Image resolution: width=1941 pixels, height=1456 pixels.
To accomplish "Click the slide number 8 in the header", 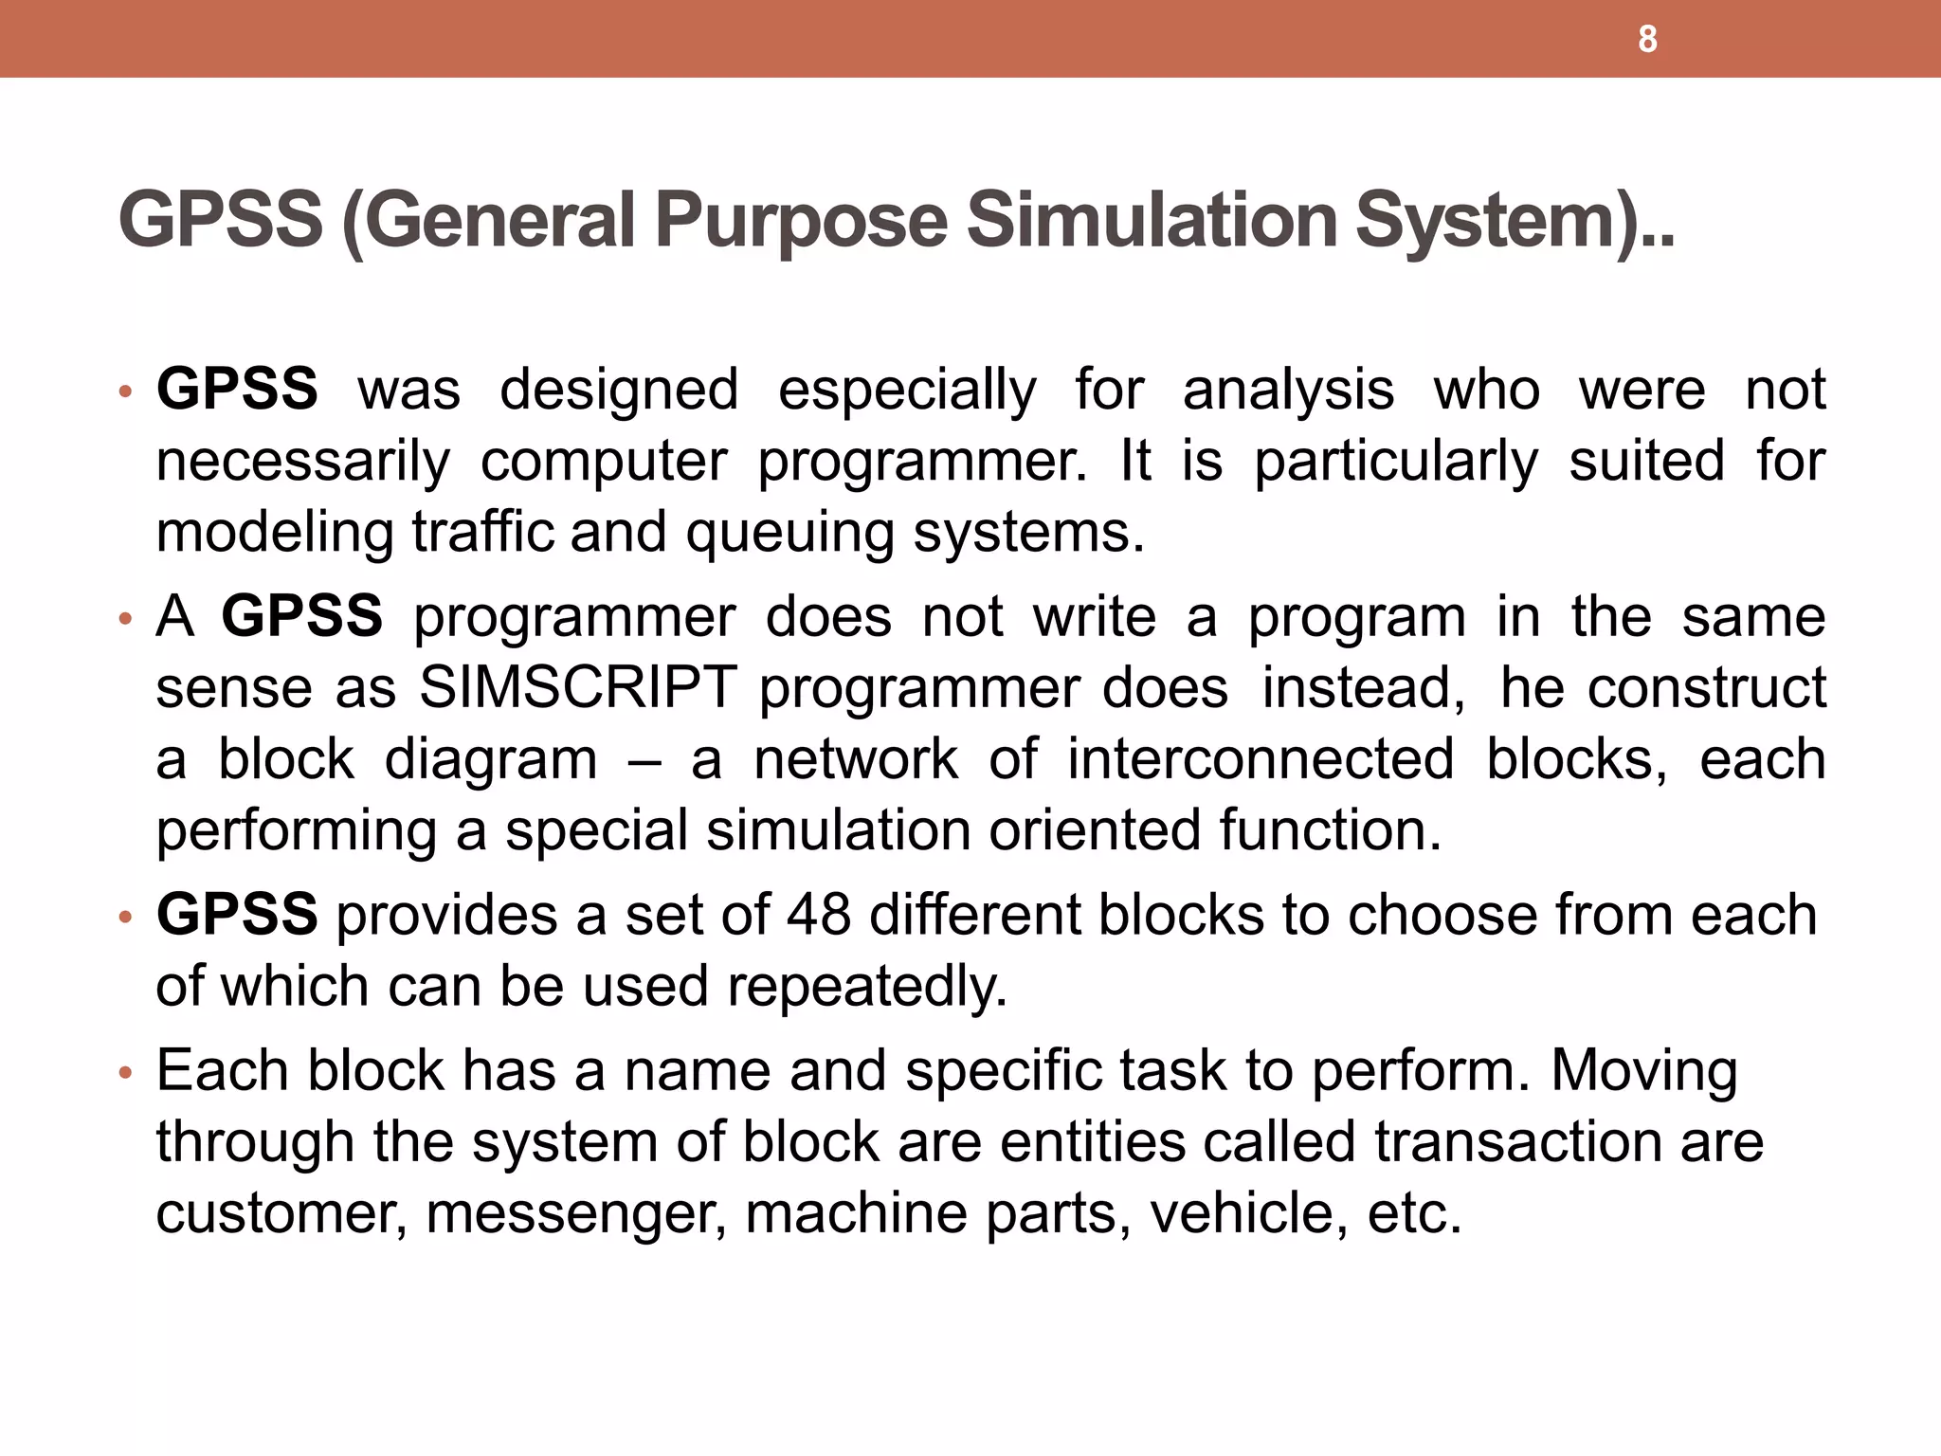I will (x=1647, y=40).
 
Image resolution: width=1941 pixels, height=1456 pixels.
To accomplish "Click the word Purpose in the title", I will (x=801, y=221).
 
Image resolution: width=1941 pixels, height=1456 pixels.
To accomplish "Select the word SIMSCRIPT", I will (x=578, y=687).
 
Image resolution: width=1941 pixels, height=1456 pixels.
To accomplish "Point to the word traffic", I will (x=482, y=532).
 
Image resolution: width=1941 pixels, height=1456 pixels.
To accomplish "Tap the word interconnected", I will (x=1261, y=759).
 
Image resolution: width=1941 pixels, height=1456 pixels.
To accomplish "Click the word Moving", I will (x=1644, y=1072).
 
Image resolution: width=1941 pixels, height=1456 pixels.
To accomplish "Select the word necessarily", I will (x=303, y=463).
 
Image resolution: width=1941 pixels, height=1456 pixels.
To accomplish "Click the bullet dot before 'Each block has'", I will (x=124, y=1074).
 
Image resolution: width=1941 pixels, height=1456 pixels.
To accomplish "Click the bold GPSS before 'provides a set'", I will (x=237, y=915).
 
